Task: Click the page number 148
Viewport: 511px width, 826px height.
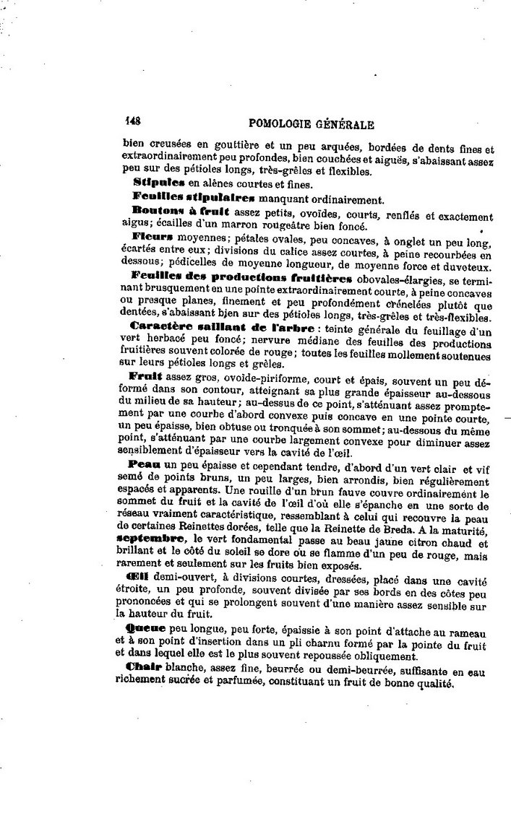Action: coord(132,122)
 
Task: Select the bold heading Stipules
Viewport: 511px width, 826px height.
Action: coord(153,184)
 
